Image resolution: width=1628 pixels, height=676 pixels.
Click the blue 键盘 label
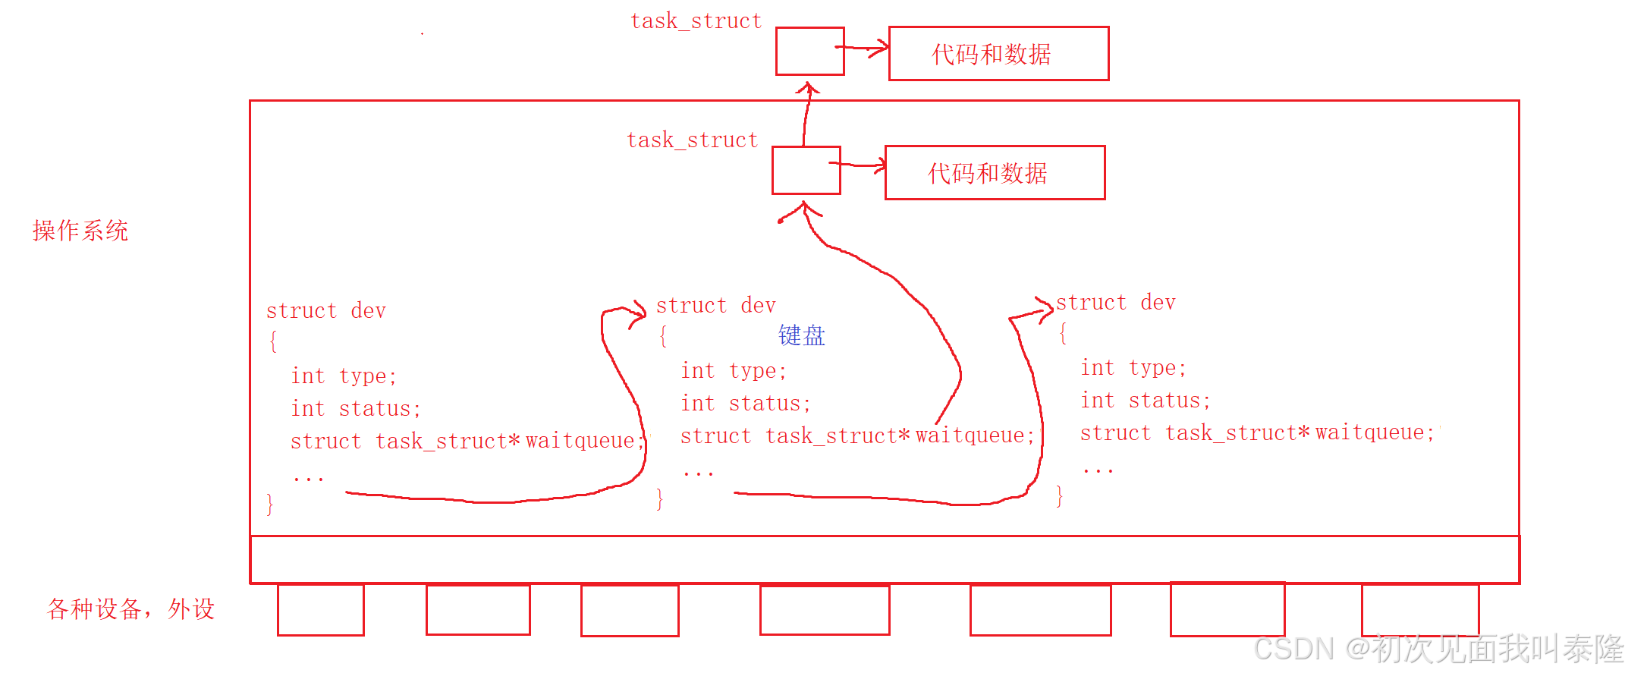pos(801,335)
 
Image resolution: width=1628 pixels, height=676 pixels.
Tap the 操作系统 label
pos(80,231)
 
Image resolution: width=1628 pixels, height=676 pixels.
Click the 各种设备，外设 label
pos(130,608)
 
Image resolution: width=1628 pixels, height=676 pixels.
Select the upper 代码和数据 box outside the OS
pos(998,54)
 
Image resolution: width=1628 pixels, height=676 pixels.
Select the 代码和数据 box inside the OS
pos(995,173)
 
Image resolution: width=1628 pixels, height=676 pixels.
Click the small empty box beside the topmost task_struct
pos(809,52)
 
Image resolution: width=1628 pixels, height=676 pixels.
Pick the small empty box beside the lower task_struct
pos(806,171)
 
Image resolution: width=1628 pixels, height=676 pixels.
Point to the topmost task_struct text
pos(696,21)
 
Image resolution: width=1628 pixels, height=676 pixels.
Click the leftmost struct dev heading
pos(326,311)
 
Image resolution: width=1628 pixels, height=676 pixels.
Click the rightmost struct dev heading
pos(1115,303)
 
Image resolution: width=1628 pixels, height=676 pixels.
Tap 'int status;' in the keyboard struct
pos(745,404)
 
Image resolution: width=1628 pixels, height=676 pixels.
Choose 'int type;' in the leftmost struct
pos(344,376)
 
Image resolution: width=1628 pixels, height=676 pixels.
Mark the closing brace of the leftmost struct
pos(270,505)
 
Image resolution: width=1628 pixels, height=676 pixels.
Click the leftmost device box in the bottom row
pos(320,610)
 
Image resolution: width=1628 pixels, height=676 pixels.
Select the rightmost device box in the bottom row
pos(1420,610)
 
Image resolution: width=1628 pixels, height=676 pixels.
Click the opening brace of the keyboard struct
pos(663,336)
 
